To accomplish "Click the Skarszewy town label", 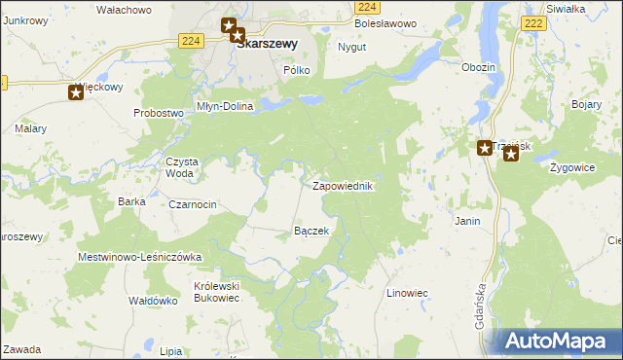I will tap(267, 43).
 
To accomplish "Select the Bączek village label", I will tap(311, 231).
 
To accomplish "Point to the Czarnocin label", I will tap(192, 204).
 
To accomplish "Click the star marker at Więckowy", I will tap(76, 93).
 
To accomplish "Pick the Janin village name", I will tap(467, 222).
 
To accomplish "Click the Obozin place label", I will tap(479, 67).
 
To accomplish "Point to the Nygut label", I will tap(350, 47).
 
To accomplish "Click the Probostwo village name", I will tap(159, 113).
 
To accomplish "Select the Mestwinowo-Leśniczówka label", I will tap(139, 257).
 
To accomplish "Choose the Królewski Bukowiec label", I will tap(216, 292).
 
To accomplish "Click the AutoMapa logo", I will tap(558, 342).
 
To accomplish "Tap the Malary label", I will tap(31, 127).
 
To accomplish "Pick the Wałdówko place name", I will tap(153, 301).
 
